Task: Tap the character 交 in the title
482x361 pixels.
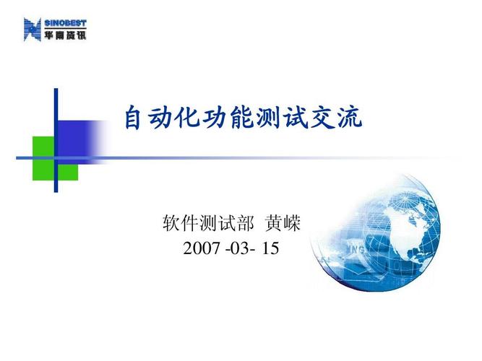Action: (324, 118)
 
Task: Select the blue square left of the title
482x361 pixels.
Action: (74, 137)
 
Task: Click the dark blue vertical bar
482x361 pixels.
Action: (56, 141)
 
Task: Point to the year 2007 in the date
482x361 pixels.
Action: (200, 249)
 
